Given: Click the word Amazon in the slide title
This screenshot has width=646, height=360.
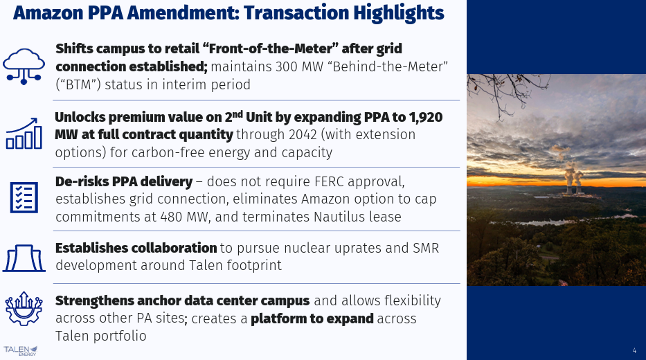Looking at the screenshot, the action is click(x=48, y=12).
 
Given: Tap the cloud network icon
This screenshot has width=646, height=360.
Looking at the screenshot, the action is click(x=24, y=66).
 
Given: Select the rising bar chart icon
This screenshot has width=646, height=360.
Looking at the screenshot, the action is click(x=24, y=133).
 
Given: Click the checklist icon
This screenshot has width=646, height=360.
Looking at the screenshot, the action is click(x=24, y=198).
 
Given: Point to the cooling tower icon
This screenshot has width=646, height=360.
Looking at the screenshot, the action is click(x=24, y=258).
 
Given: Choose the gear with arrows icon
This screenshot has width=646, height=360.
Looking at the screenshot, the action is click(x=24, y=309).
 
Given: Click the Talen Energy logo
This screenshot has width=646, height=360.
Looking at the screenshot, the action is click(x=21, y=350).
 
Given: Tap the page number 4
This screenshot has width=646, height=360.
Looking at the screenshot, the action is click(x=634, y=350).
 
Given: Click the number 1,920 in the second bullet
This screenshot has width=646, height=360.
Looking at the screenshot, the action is click(x=426, y=118).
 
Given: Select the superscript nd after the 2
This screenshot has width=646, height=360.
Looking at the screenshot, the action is click(x=237, y=114).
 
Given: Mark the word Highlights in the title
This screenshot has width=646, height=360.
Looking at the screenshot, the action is click(x=398, y=12).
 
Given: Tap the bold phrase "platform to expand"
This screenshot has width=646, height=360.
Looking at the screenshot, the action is click(x=312, y=318).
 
